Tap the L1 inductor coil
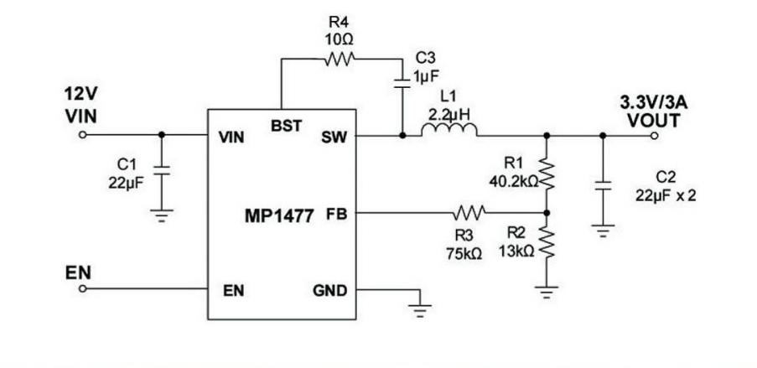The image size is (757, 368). coord(449,131)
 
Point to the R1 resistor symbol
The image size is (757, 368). coord(547,174)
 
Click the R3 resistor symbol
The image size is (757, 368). coord(471,212)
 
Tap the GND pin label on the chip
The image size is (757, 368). coord(328,290)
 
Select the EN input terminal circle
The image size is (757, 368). coord(83,289)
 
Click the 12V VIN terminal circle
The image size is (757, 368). coord(83,134)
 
